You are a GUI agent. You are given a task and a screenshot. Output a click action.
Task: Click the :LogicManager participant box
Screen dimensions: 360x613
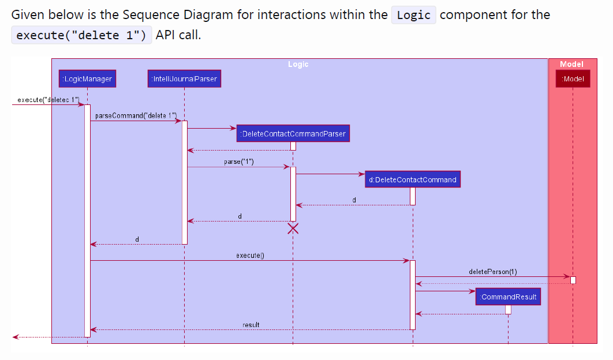click(87, 78)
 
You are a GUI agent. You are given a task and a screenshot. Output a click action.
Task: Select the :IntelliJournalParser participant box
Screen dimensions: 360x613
click(184, 78)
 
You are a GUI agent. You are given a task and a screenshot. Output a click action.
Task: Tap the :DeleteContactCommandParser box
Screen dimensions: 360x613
click(293, 134)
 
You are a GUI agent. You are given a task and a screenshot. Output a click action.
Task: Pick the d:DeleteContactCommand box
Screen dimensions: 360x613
click(413, 179)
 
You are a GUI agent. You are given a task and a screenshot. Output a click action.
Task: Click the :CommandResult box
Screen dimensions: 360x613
click(509, 297)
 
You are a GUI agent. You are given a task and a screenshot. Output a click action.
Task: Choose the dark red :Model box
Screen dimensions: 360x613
click(573, 78)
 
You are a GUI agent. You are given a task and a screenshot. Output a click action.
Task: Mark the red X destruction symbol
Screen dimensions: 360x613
click(293, 228)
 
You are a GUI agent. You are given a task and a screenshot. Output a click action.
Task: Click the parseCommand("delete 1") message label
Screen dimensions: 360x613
click(136, 115)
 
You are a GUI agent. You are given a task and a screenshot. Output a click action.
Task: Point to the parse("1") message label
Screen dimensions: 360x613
click(238, 162)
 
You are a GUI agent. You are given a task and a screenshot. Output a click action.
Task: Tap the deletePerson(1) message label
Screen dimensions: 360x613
click(493, 271)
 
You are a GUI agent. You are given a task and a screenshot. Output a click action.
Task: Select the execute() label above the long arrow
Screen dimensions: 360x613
click(250, 255)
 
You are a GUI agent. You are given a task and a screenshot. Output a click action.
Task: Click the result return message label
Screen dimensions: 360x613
click(251, 325)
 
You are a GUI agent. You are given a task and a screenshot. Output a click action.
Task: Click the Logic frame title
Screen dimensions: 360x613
click(298, 64)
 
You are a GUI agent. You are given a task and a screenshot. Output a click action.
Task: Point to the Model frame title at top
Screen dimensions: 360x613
click(571, 64)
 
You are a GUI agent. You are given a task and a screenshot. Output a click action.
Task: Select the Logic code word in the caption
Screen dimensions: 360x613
click(414, 15)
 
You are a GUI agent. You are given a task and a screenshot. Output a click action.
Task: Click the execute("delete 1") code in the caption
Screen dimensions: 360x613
click(81, 35)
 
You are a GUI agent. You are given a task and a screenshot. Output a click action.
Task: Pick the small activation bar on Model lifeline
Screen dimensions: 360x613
click(573, 280)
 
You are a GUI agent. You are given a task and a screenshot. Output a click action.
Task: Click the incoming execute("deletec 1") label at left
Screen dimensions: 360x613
click(48, 99)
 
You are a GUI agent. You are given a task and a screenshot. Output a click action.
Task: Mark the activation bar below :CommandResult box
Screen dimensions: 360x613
click(508, 309)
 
